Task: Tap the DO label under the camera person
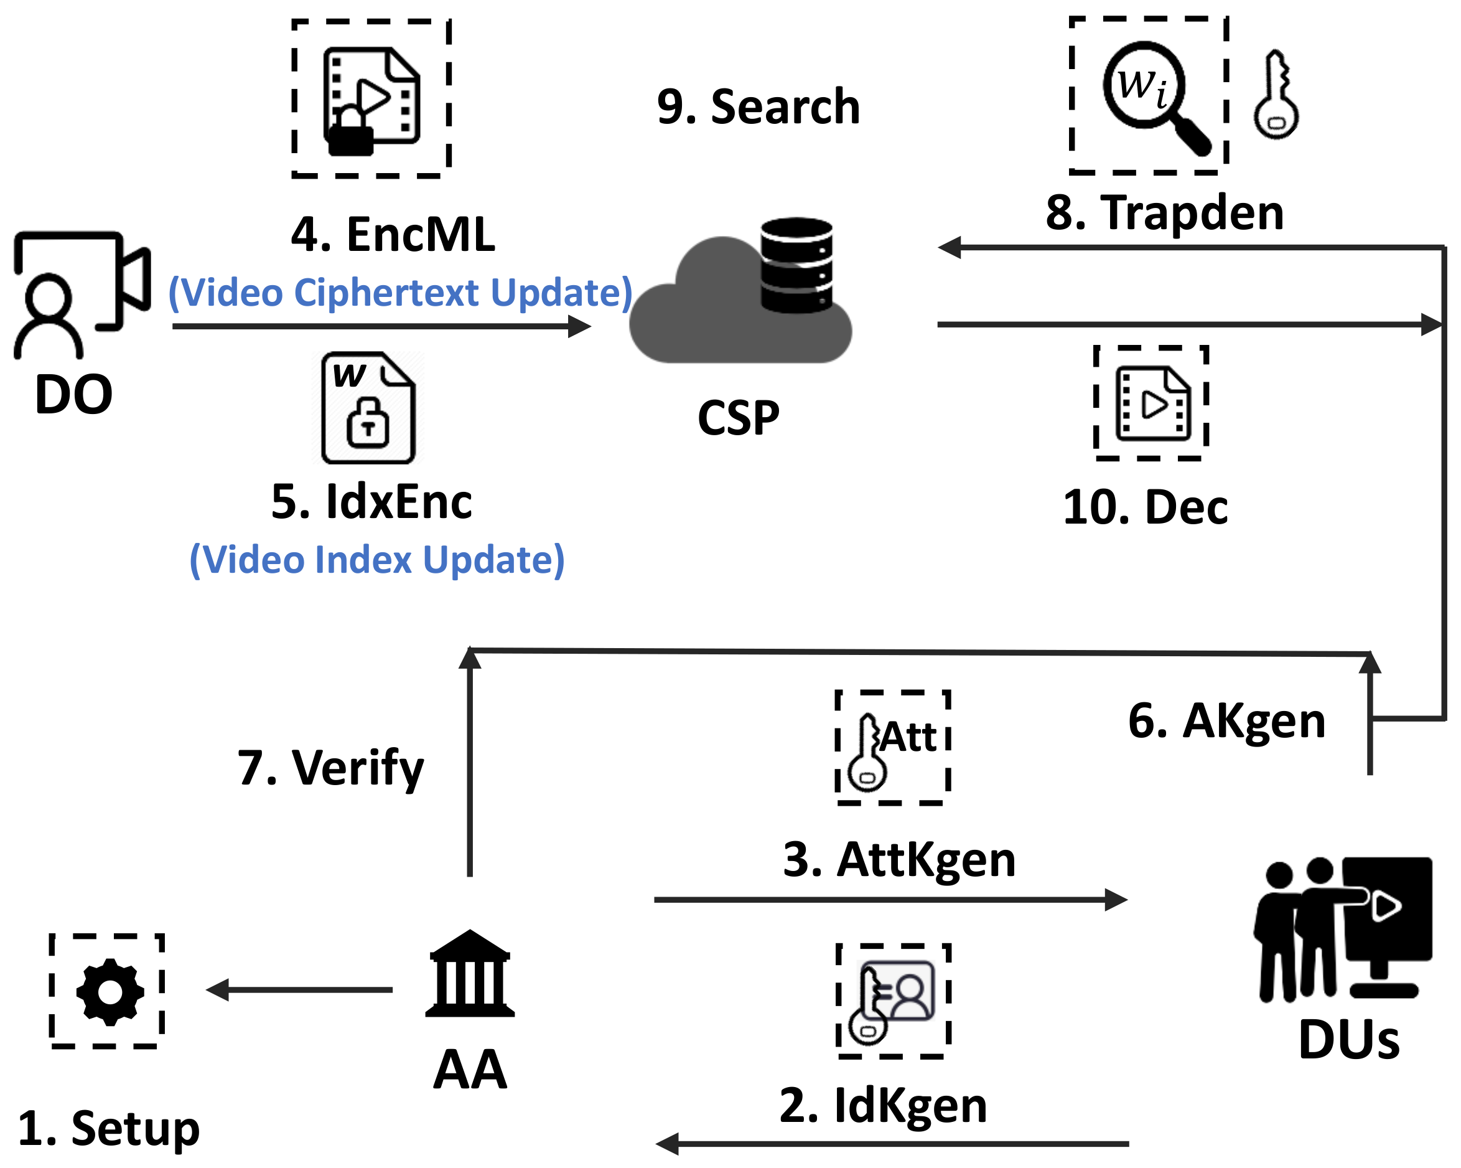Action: [73, 395]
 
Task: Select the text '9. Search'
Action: [758, 107]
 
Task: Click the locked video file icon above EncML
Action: [371, 100]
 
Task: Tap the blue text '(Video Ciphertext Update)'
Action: [400, 293]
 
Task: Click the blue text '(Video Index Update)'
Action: [377, 560]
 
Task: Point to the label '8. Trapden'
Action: [1164, 213]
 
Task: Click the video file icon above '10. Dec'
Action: [1151, 404]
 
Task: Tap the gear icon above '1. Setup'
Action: [108, 991]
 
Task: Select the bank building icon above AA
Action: [470, 974]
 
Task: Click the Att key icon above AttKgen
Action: [892, 748]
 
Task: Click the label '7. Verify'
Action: [330, 768]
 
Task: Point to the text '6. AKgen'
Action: [1226, 720]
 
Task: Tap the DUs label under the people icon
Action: [1348, 1040]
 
